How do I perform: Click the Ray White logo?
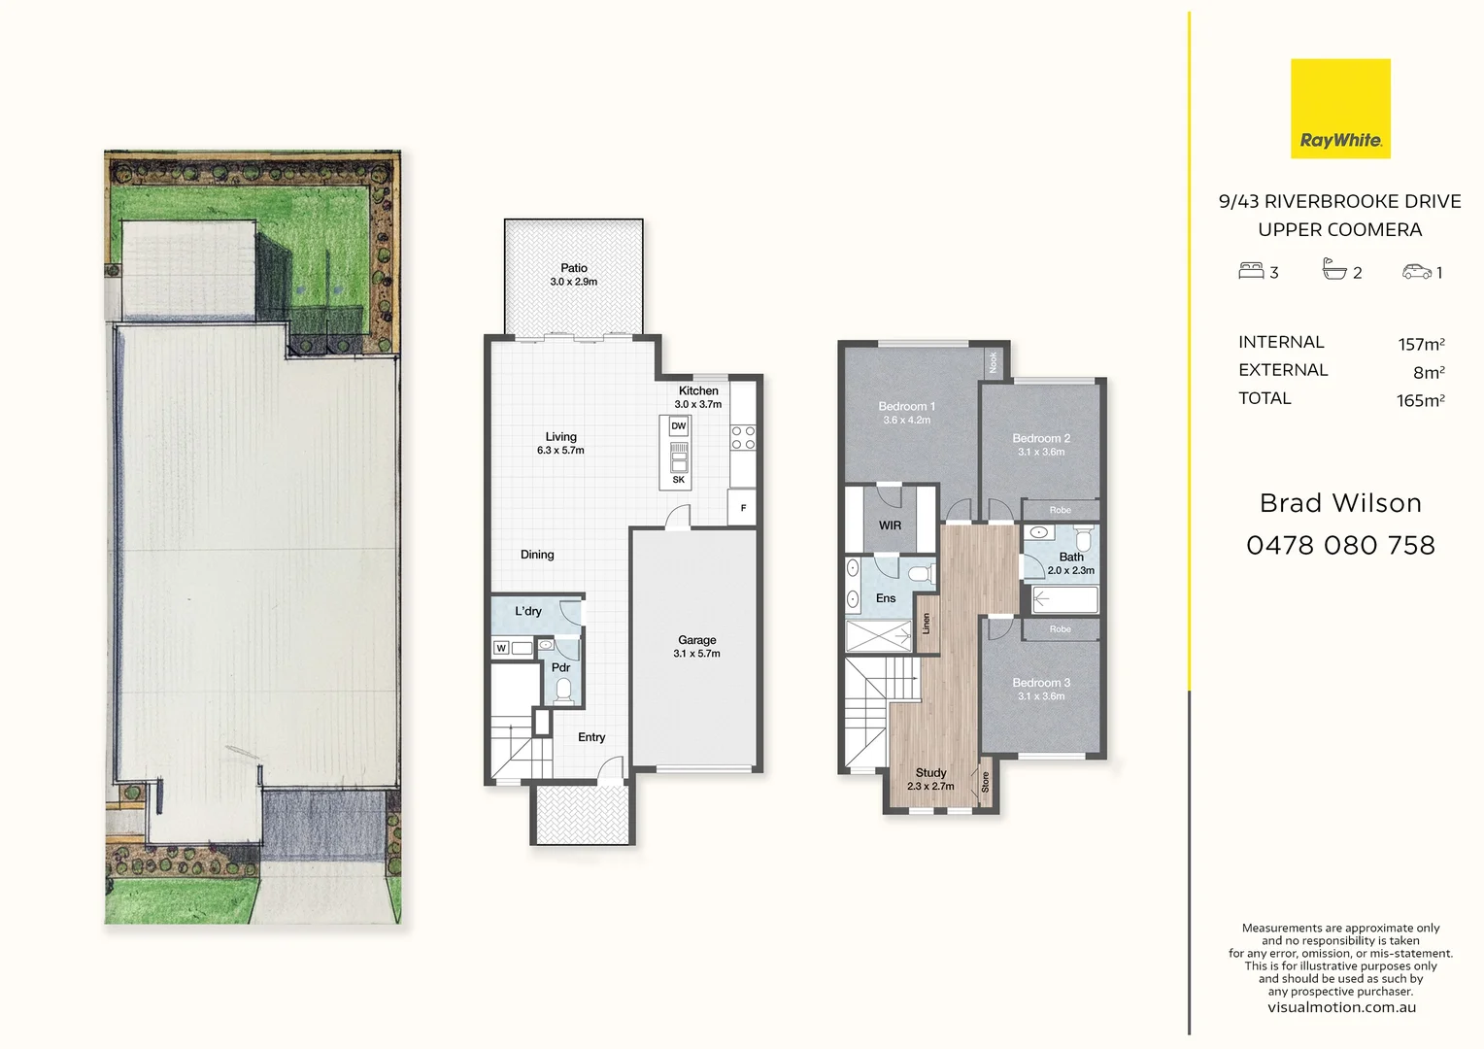[1340, 109]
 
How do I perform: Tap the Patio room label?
[574, 268]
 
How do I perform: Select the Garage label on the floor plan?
[696, 640]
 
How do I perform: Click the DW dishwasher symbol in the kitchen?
[678, 426]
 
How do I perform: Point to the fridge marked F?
[743, 508]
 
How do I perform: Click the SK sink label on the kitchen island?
[678, 480]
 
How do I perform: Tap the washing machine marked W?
[501, 648]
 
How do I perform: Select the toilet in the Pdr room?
[563, 690]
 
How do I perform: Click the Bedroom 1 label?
[906, 406]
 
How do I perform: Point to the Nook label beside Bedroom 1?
[993, 362]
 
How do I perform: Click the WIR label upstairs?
[890, 525]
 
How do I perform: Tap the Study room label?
[930, 773]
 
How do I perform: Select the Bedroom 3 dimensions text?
[1041, 696]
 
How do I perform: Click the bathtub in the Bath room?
[1064, 599]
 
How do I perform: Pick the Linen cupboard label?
[927, 624]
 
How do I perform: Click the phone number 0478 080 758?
[1340, 546]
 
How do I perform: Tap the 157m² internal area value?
[1421, 344]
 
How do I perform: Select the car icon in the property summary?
[1417, 272]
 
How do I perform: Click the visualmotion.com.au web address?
[1340, 1007]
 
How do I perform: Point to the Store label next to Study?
[985, 782]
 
